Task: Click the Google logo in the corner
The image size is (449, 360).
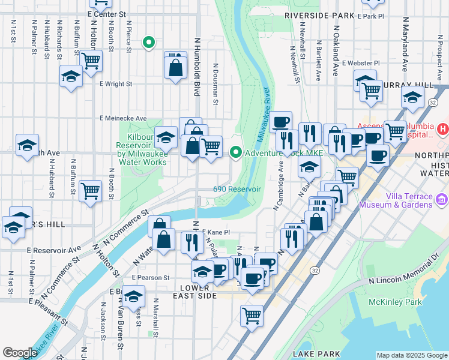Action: [20, 353]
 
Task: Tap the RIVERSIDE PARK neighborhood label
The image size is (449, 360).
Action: [319, 15]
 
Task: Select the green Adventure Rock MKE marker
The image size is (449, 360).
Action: [236, 153]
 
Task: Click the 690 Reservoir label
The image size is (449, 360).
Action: [237, 189]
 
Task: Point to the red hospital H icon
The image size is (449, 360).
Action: [442, 129]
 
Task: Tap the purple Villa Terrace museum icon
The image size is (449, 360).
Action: [441, 199]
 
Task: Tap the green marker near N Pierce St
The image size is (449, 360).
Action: [148, 43]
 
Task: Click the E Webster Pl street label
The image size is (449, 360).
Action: [360, 62]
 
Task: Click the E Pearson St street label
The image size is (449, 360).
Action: [151, 278]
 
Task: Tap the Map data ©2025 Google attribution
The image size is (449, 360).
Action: [412, 355]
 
